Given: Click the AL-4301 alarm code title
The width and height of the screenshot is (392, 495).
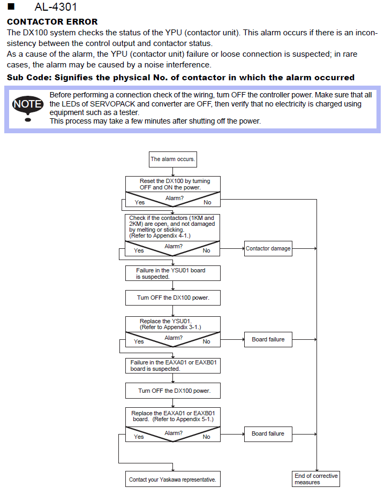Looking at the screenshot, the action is pos(56,7).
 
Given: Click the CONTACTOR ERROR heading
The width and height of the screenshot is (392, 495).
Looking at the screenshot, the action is pos(52,21).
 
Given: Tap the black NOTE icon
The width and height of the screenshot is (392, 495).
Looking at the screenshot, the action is pos(28,108).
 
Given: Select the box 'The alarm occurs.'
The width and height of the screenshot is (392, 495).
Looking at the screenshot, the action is pos(173,159).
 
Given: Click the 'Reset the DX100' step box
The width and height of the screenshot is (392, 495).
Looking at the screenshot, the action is pos(173,184).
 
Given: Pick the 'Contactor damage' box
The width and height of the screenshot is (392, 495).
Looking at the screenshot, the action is pos(268,248).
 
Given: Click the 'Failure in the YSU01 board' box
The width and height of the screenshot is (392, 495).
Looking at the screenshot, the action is pos(173,273).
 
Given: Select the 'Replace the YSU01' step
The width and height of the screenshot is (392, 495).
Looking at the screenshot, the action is pos(173,324).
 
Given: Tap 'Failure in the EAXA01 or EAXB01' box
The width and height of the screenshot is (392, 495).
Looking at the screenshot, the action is pos(173,365).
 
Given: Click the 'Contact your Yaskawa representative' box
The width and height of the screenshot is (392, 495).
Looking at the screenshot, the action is pos(173,479).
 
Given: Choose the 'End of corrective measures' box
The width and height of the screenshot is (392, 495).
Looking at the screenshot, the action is pos(316,479).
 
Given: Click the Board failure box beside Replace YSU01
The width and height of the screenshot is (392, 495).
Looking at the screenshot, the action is pos(268,339).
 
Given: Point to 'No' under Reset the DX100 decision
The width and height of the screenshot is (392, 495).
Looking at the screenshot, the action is pos(207,202).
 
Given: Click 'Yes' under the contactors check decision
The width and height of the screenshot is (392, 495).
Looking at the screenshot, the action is pos(139,250).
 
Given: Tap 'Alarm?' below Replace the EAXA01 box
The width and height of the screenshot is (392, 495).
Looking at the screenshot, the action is pos(174,433).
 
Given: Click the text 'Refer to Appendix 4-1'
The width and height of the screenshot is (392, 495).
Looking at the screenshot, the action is pos(160,235).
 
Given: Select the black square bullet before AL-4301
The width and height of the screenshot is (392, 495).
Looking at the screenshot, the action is pos(11,6).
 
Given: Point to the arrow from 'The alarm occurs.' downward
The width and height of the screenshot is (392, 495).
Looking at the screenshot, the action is pos(173,171).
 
